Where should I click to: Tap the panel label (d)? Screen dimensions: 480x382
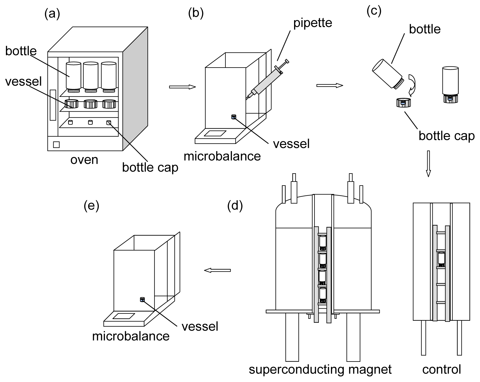[x=235, y=206]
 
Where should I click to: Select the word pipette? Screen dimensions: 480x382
[x=313, y=23]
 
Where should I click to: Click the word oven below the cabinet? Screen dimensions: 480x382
[x=84, y=160]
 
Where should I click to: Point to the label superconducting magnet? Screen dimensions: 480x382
[x=320, y=370]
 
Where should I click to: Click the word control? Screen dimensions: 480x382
[x=442, y=369]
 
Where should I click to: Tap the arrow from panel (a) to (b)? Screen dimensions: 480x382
[x=182, y=87]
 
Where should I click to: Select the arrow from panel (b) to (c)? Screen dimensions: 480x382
[x=330, y=86]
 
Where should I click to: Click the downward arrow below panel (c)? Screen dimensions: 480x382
[x=429, y=164]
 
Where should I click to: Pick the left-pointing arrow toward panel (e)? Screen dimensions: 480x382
[x=217, y=270]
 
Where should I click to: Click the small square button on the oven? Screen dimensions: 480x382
[x=56, y=145]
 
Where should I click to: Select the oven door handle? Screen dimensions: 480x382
[x=53, y=105]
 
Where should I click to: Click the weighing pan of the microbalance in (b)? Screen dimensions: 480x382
[x=215, y=133]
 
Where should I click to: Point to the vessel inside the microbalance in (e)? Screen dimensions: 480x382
[x=142, y=299]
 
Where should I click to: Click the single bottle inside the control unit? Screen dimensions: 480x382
[x=441, y=259]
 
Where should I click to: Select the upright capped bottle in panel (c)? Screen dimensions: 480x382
[x=450, y=84]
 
